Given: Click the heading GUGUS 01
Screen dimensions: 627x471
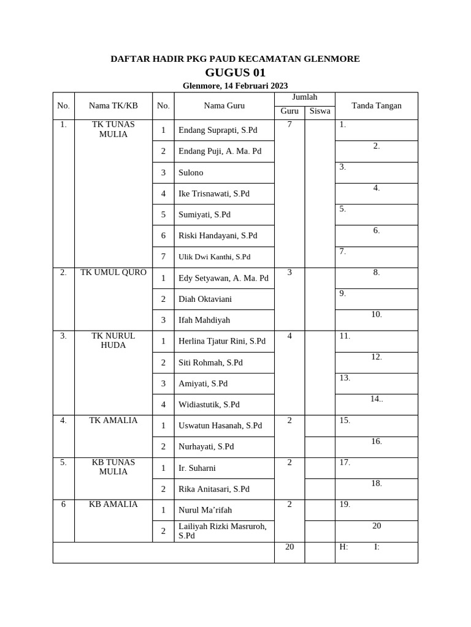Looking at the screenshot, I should [x=235, y=72].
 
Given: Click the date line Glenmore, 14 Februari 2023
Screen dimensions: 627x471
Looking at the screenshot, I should [x=235, y=86].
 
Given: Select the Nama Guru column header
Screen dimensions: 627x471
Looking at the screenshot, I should [x=224, y=105].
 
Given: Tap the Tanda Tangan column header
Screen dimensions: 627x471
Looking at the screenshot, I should [x=376, y=105].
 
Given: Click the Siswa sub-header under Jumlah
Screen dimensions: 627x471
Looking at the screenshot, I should [x=320, y=111].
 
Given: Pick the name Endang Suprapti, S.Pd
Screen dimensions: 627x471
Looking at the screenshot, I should [x=218, y=130].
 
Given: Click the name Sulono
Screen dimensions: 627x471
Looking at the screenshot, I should [x=191, y=173].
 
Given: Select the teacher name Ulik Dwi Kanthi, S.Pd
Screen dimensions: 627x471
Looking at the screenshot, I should [x=214, y=257].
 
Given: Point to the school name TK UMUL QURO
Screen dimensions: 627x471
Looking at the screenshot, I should [x=113, y=272].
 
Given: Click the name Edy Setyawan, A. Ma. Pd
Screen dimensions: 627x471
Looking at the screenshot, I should [x=223, y=278].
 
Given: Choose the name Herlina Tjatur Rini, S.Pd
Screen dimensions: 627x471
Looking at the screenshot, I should [x=222, y=341].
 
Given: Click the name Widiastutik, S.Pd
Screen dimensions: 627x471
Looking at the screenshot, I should [x=209, y=404].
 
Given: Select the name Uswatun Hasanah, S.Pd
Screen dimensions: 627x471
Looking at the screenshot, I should [x=220, y=425].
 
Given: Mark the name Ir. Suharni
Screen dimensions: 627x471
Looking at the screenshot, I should [x=197, y=468].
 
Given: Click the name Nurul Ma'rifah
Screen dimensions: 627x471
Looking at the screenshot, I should [x=205, y=509].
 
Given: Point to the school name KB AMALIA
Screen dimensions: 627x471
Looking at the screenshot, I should [x=113, y=504].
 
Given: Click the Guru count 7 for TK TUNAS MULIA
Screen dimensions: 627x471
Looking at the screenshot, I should [x=289, y=124].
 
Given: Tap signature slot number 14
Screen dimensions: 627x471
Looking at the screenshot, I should [x=376, y=399].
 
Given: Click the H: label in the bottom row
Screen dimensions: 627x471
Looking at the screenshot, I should [x=343, y=547].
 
